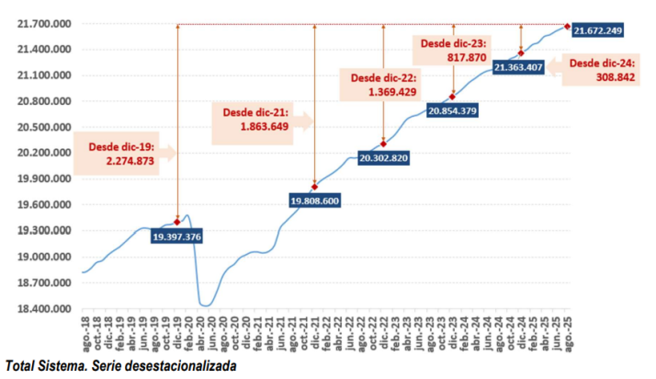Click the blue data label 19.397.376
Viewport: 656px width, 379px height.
(177, 237)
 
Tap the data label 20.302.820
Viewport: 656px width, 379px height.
(383, 158)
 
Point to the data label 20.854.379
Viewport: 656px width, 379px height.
(452, 111)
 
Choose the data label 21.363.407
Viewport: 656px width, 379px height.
(519, 67)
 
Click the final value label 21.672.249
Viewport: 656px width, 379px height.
(598, 31)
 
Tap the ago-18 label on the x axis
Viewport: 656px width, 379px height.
(85, 332)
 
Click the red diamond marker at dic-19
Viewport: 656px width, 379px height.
(176, 222)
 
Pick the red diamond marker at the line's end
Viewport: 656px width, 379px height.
(567, 26)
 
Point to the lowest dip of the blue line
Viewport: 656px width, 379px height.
(206, 305)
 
